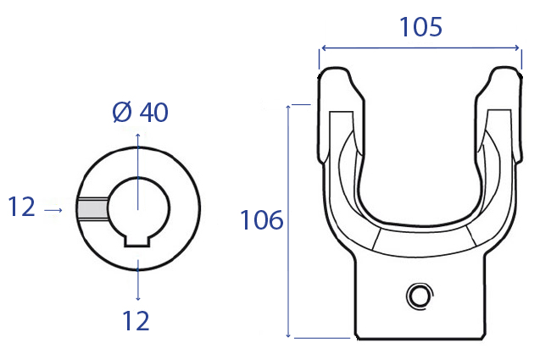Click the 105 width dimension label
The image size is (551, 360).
click(x=421, y=27)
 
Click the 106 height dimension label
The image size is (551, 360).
click(x=262, y=220)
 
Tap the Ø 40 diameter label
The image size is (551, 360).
click(x=140, y=113)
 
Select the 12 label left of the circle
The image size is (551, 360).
click(x=21, y=207)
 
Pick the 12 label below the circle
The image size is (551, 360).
click(x=136, y=321)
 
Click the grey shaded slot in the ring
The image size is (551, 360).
click(x=92, y=208)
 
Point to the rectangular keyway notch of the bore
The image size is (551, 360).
click(x=137, y=241)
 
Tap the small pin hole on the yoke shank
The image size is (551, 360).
click(x=420, y=296)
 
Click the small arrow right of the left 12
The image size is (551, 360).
click(x=53, y=210)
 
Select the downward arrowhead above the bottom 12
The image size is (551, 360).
click(x=138, y=298)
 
